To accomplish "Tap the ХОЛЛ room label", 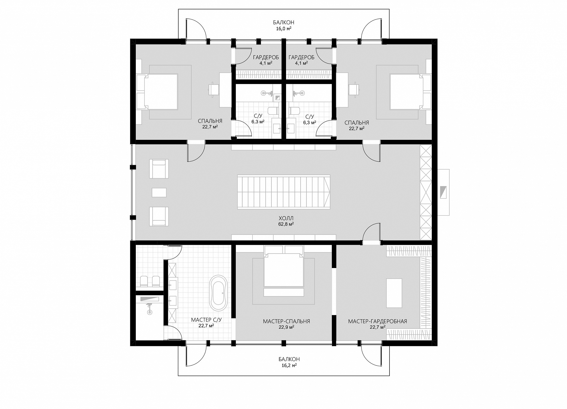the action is (x=286, y=218).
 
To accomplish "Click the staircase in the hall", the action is (x=284, y=192).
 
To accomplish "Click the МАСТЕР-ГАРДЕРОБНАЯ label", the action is (x=377, y=321).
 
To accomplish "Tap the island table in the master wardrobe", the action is (x=394, y=293).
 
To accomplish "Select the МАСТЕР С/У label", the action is (x=206, y=320).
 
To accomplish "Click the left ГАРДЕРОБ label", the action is (x=266, y=58).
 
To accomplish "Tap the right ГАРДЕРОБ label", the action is (x=301, y=58).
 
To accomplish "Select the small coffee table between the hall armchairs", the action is (x=159, y=192).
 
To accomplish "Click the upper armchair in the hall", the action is (x=159, y=169).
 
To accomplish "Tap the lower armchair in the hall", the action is (x=159, y=216).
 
